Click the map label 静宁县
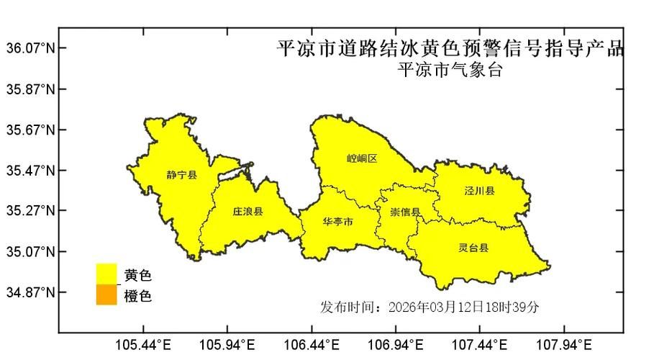pyautogui.click(x=181, y=175)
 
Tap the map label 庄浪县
pyautogui.click(x=247, y=212)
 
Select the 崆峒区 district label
pyautogui.click(x=362, y=158)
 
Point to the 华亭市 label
pyautogui.click(x=338, y=222)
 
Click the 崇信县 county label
pyautogui.click(x=406, y=212)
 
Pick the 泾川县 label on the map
pyautogui.click(x=479, y=191)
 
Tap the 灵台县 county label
pyautogui.click(x=473, y=248)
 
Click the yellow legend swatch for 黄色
pyautogui.click(x=106, y=274)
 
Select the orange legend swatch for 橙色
pyautogui.click(x=106, y=294)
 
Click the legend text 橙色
pyautogui.click(x=138, y=296)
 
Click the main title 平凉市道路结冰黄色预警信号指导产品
pyautogui.click(x=451, y=49)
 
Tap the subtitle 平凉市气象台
pyautogui.click(x=450, y=70)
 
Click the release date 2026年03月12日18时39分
pyautogui.click(x=463, y=307)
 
